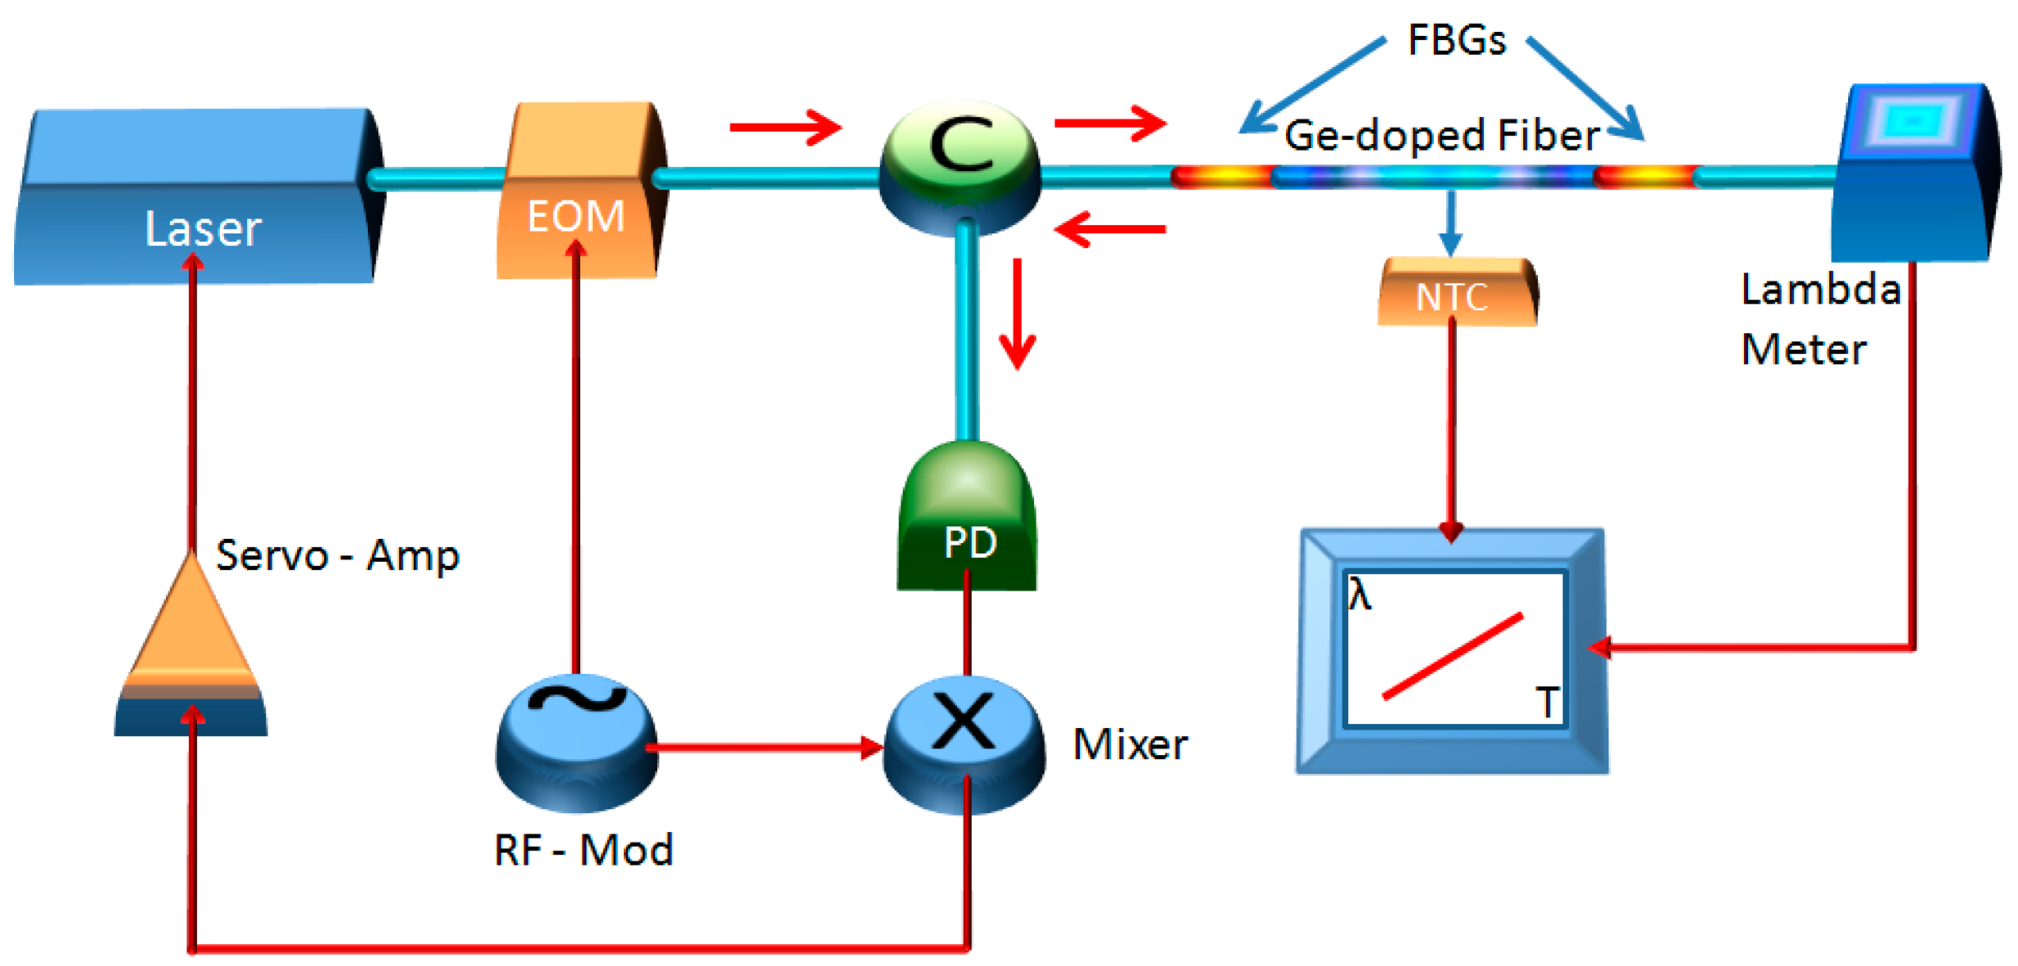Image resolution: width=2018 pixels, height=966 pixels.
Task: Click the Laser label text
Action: [203, 229]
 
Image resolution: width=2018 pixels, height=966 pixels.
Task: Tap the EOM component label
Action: [576, 217]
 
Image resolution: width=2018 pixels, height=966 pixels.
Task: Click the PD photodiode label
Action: [970, 542]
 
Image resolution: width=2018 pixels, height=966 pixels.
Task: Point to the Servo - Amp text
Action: [337, 556]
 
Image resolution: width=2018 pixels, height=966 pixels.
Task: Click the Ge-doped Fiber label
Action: [1441, 136]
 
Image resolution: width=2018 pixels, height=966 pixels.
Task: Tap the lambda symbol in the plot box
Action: [1360, 595]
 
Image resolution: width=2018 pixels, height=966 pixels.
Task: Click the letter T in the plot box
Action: [1547, 703]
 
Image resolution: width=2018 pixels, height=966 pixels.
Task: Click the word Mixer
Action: [1130, 745]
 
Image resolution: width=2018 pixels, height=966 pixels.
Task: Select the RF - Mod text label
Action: [583, 850]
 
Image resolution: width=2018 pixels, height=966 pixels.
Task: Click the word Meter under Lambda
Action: [1803, 350]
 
